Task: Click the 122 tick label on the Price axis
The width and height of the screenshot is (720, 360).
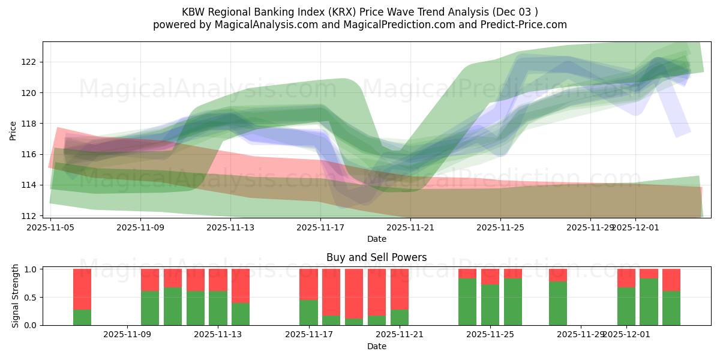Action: (x=29, y=62)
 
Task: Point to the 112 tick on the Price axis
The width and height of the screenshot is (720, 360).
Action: (x=29, y=215)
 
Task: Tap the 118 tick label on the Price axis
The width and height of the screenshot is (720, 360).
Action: (x=29, y=124)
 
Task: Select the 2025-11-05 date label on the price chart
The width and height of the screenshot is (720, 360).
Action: (x=50, y=227)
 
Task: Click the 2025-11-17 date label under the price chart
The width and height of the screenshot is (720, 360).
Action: (x=320, y=227)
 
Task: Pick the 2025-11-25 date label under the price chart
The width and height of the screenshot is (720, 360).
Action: (x=500, y=227)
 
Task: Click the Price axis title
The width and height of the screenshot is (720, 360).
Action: (x=13, y=130)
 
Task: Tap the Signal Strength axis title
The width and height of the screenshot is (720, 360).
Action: (x=16, y=296)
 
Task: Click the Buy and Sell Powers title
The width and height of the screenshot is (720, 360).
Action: (x=376, y=257)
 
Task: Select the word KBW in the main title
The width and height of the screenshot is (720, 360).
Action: (x=193, y=12)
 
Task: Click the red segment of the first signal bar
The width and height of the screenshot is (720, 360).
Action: (x=82, y=289)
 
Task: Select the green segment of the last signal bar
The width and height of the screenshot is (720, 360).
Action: (x=671, y=308)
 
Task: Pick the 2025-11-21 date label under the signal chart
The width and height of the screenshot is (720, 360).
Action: (x=400, y=335)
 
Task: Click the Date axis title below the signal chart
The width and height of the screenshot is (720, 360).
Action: (x=376, y=346)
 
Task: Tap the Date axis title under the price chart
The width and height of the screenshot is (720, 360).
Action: (x=376, y=239)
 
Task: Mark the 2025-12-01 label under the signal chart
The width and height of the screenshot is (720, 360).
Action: (x=626, y=335)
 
